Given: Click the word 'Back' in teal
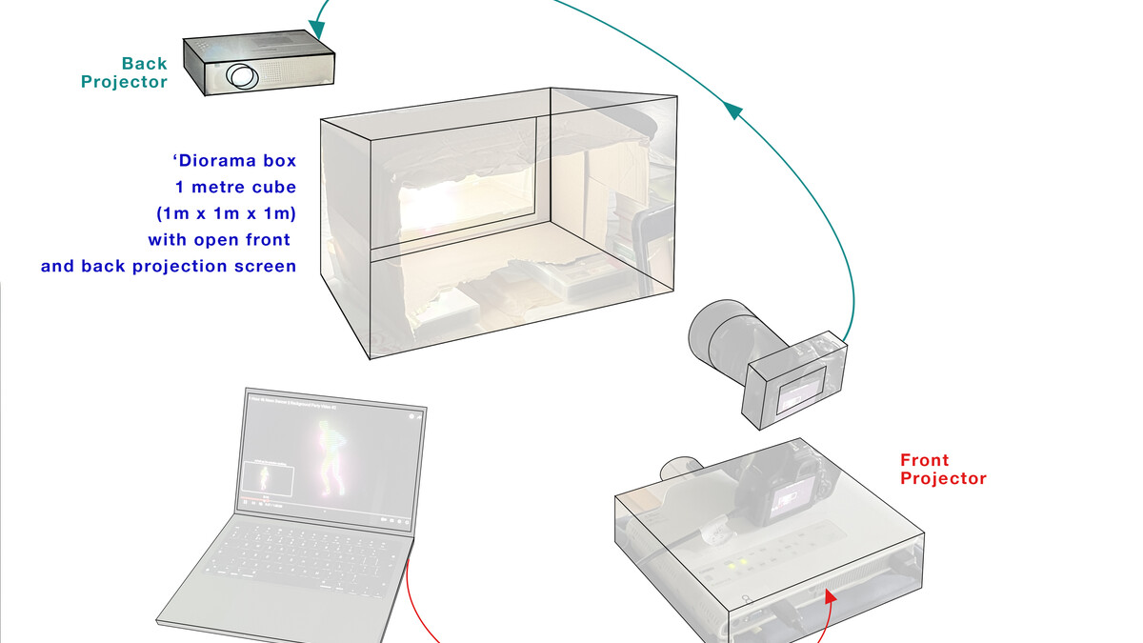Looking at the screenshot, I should [x=144, y=64].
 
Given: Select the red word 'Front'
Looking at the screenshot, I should [x=924, y=460].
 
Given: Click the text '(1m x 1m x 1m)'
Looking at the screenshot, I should [x=226, y=213].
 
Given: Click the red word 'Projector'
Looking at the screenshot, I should [x=943, y=478].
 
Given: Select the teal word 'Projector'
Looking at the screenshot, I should [x=124, y=82].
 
